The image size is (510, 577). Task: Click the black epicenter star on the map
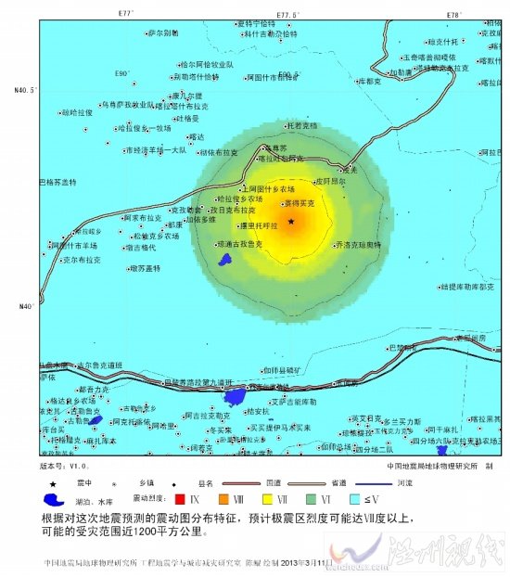[x=291, y=222]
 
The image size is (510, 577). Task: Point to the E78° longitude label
[x=453, y=15]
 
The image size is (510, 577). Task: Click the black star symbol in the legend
[x=53, y=483]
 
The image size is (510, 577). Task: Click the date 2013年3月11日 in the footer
[x=303, y=563]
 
